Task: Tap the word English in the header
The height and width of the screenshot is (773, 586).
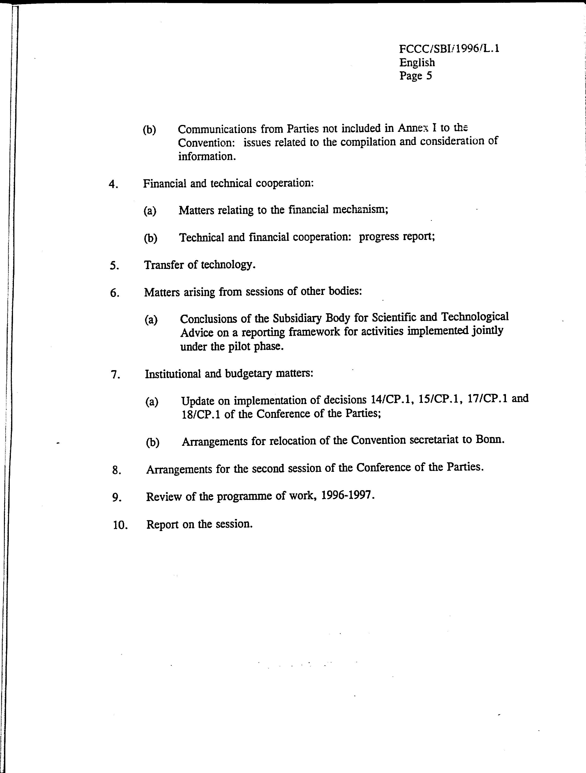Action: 417,62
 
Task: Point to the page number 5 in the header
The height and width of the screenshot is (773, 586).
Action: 429,76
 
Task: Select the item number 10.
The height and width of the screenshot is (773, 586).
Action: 120,525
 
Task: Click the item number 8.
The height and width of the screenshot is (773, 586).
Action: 116,470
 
